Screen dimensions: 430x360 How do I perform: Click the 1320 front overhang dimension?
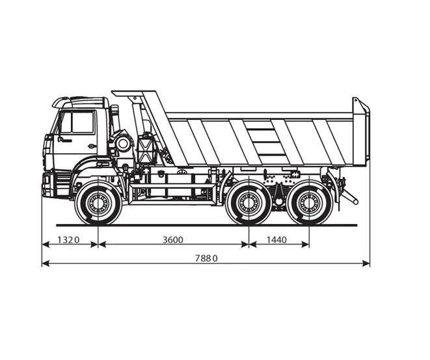[x=68, y=240]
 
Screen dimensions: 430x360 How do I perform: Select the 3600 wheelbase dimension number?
[x=173, y=240]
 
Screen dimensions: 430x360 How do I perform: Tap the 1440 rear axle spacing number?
[x=276, y=240]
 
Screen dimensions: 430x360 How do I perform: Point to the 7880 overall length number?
[x=206, y=258]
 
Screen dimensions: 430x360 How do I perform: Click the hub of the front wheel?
[x=98, y=203]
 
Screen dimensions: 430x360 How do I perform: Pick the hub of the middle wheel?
[x=249, y=203]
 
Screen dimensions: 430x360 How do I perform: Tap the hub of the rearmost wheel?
[x=310, y=203]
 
